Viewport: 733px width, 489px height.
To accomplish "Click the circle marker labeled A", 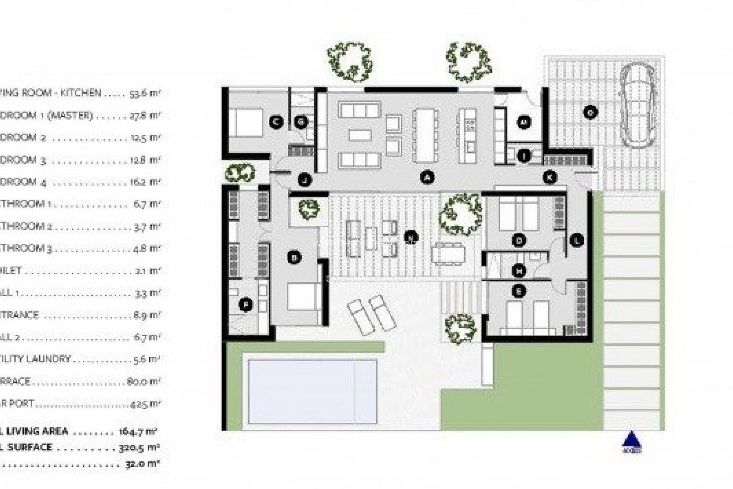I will tap(428, 177).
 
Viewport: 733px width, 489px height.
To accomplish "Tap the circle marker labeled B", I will tap(294, 258).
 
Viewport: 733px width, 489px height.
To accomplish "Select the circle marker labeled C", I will tap(276, 122).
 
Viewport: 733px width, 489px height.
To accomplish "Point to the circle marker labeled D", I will tap(519, 240).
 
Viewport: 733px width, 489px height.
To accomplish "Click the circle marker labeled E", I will tap(518, 291).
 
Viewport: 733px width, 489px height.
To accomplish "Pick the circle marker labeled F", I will tap(245, 305).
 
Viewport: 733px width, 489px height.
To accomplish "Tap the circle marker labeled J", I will tap(304, 179).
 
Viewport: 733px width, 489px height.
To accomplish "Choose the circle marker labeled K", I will tap(550, 177).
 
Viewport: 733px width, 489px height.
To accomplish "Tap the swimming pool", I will tap(312, 392).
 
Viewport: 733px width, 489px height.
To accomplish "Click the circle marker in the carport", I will tap(590, 112).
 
